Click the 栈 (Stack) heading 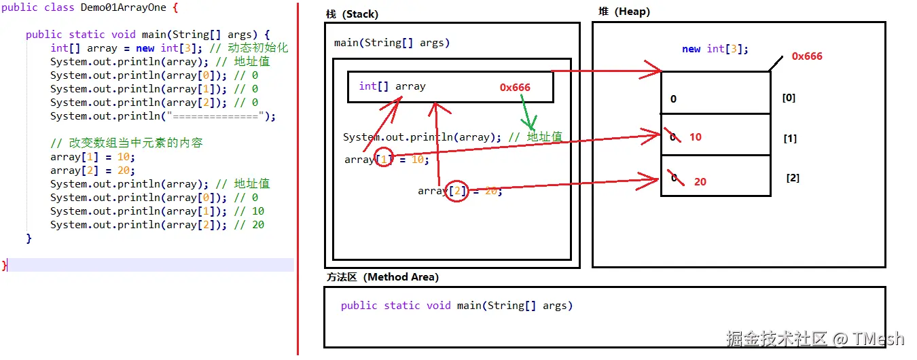click(352, 14)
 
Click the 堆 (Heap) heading click(624, 12)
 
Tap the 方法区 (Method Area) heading click(382, 277)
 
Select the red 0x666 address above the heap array click(806, 56)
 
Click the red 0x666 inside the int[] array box click(515, 87)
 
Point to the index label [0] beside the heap click(789, 98)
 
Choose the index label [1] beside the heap click(790, 139)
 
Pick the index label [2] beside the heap click(793, 178)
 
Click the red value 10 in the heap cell click(695, 137)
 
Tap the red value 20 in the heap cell click(700, 181)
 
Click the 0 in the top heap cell click(673, 98)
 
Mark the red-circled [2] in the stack click(457, 191)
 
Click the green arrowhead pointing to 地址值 click(529, 124)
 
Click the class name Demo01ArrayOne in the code click(123, 7)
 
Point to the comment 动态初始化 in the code click(258, 48)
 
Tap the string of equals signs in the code click(215, 116)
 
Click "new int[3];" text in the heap click(715, 49)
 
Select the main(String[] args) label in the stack click(392, 43)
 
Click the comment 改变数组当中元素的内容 click(135, 143)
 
